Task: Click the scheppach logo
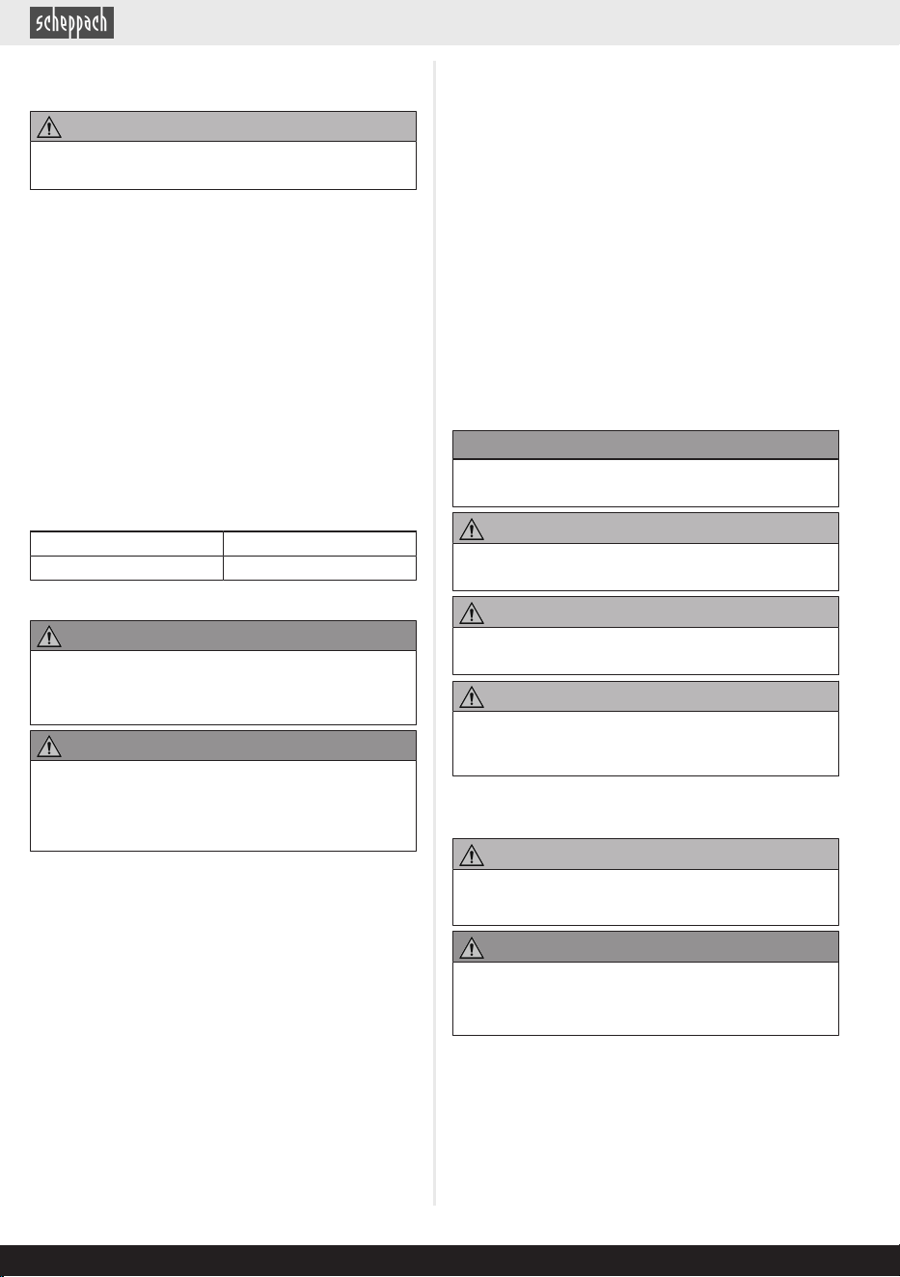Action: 71,23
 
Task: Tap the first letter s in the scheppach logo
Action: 39,24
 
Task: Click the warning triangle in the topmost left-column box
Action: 49,127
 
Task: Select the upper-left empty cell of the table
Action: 126,544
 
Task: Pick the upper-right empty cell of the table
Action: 320,544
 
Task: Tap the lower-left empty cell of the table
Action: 126,568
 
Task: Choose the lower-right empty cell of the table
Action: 320,568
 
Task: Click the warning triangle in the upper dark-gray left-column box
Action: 49,637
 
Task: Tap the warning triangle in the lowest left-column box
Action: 49,747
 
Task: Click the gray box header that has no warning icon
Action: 645,445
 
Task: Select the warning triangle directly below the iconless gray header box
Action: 472,530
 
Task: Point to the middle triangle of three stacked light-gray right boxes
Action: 472,613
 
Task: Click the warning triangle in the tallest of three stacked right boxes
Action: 472,697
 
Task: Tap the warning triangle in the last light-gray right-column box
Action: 472,856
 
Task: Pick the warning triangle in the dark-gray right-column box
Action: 472,949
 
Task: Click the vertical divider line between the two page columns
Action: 435,633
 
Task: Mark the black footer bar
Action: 450,1261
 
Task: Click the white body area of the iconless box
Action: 645,483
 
